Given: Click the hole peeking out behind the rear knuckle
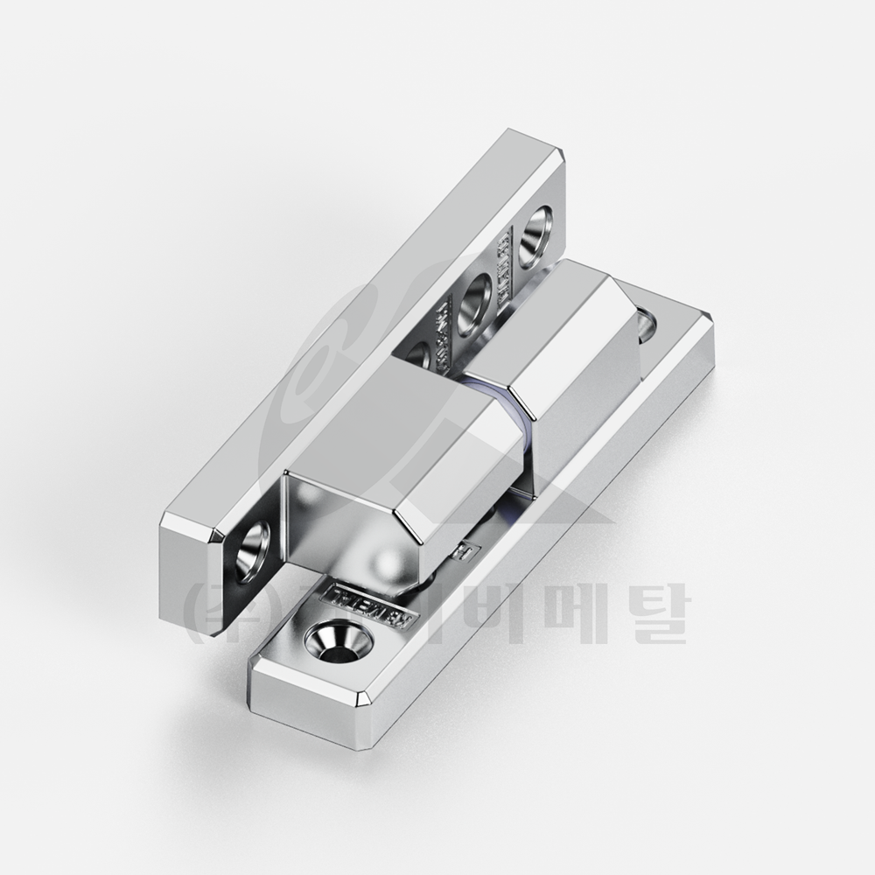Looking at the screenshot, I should pyautogui.click(x=647, y=325).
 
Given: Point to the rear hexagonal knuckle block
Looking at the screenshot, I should pyautogui.click(x=569, y=350).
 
